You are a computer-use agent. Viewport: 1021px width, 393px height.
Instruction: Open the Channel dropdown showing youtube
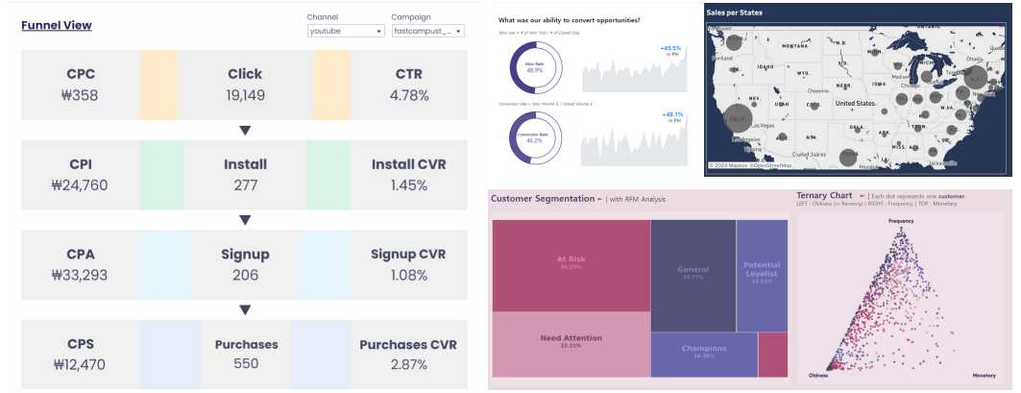tap(346, 31)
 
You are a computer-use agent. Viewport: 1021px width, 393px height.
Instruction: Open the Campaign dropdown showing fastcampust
tap(427, 31)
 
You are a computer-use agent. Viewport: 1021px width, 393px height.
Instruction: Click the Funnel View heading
tap(57, 25)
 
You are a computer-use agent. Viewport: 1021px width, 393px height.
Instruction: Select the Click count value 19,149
tap(245, 95)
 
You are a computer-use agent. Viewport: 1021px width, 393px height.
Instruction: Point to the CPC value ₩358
tap(81, 95)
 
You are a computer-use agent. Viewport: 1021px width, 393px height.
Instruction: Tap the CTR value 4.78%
tap(408, 95)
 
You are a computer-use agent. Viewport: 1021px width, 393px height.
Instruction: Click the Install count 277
tap(245, 184)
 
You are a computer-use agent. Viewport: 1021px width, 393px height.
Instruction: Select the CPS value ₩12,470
tap(81, 364)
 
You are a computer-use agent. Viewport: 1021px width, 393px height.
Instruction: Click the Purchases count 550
tap(245, 364)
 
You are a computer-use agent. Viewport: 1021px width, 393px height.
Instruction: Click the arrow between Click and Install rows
tap(245, 130)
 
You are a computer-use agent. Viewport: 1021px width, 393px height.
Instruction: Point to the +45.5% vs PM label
tap(670, 50)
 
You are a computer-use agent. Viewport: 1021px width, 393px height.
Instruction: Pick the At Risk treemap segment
tap(571, 262)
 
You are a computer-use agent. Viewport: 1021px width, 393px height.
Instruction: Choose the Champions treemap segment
tap(703, 352)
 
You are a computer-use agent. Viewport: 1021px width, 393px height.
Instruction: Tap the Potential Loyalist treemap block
tap(762, 274)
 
